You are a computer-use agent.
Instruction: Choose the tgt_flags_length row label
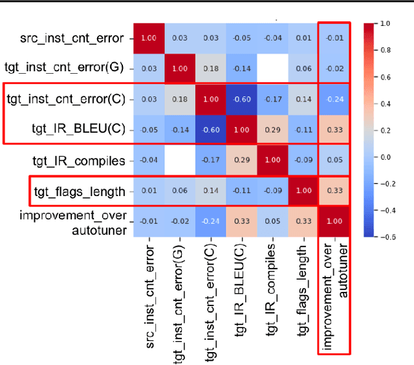point(78,191)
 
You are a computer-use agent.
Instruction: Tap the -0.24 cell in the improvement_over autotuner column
point(334,99)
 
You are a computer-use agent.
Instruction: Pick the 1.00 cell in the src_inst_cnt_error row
point(149,38)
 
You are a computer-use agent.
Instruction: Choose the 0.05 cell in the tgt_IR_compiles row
point(334,160)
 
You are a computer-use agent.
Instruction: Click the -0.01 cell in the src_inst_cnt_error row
point(334,38)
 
